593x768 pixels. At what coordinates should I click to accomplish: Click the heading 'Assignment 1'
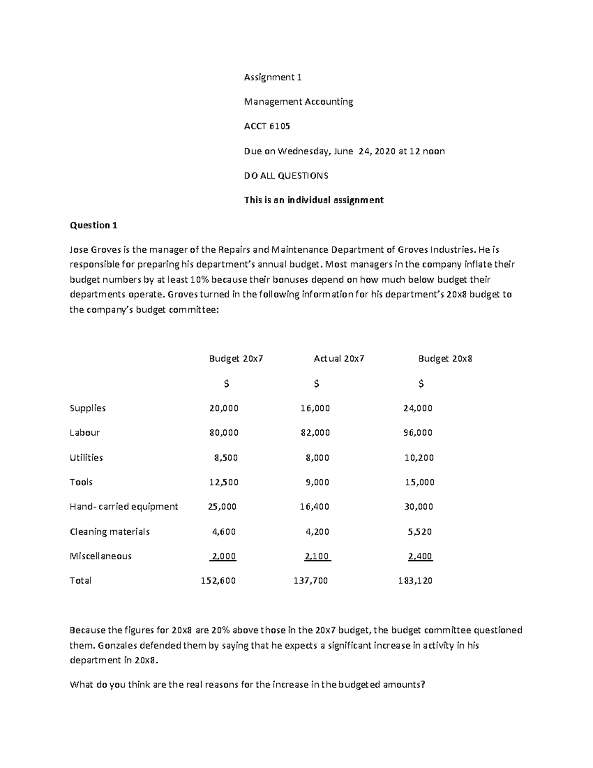273,77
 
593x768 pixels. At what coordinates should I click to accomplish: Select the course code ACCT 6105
267,126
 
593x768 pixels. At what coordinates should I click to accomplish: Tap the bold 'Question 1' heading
93,226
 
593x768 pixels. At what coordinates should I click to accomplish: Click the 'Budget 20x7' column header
236,359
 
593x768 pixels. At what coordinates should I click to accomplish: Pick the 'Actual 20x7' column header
339,359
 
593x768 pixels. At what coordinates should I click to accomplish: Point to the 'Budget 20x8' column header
445,359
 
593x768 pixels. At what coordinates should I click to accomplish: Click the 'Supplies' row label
87,408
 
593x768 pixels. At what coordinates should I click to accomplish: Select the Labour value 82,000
315,433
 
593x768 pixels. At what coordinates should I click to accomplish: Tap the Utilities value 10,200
419,457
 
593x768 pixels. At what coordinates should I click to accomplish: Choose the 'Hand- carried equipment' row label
124,506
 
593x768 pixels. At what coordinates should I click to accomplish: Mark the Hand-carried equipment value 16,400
314,506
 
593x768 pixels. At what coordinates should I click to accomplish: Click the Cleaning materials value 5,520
420,532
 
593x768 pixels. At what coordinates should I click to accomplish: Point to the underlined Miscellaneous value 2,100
317,556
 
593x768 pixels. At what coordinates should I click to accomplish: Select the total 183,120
415,581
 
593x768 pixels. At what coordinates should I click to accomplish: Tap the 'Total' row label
80,581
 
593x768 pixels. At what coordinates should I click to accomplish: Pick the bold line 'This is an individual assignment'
314,200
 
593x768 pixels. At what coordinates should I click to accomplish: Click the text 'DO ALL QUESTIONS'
286,176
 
